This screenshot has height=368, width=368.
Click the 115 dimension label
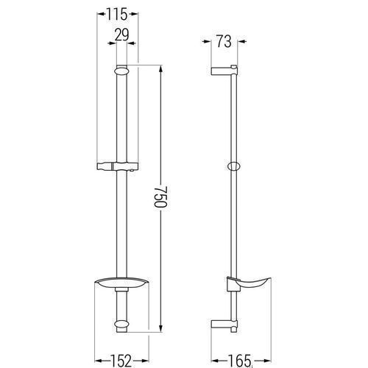tap(117, 15)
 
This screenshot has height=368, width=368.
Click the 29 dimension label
tap(122, 35)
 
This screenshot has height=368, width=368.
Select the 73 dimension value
tap(224, 41)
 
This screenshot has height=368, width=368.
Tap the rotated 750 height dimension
tap(160, 197)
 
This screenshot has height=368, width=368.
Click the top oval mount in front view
tap(121, 71)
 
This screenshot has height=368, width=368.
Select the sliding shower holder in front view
tap(118, 166)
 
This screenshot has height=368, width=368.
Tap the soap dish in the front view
tap(121, 284)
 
